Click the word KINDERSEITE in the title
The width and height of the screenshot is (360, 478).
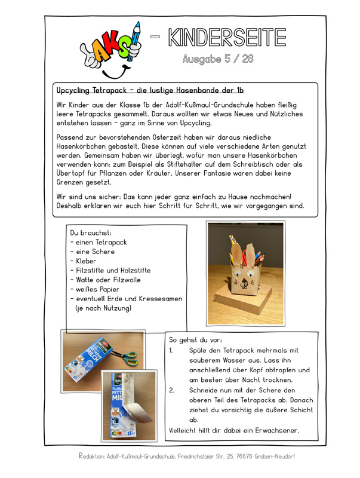point(227,37)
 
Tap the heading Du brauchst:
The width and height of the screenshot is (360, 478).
point(90,232)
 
